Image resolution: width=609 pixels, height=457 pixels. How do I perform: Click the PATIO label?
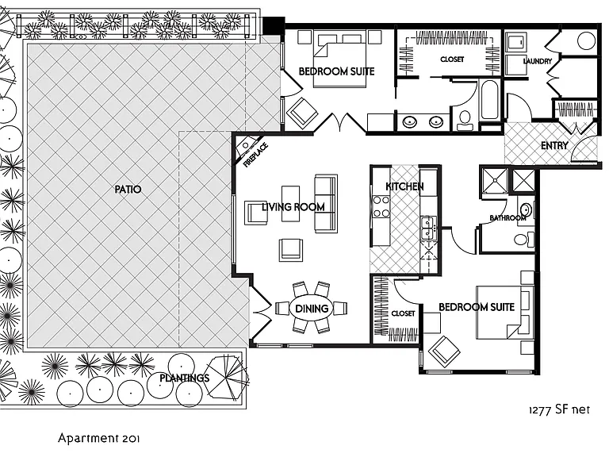click(x=128, y=190)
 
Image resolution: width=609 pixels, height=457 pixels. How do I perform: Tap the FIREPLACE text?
click(x=256, y=155)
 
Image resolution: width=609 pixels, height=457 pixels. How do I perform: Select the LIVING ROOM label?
click(x=293, y=207)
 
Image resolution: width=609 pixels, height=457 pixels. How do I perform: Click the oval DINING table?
click(x=312, y=309)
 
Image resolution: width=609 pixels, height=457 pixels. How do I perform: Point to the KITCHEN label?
click(x=404, y=186)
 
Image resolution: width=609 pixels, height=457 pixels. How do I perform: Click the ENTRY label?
click(x=554, y=145)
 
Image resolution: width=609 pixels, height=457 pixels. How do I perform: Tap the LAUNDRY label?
click(x=538, y=61)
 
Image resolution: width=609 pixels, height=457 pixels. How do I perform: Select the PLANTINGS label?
click(x=185, y=378)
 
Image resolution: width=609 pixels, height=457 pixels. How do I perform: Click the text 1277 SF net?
click(x=559, y=409)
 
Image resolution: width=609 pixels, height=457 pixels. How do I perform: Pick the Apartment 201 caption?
click(x=98, y=438)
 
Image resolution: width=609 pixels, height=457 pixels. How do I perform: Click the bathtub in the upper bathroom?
click(x=489, y=100)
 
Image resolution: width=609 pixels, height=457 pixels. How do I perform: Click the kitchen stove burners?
click(x=381, y=206)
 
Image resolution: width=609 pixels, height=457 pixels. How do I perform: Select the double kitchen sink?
click(x=429, y=228)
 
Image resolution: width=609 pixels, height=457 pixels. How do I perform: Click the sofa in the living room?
click(x=325, y=204)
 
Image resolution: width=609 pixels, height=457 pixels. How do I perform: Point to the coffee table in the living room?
click(x=291, y=203)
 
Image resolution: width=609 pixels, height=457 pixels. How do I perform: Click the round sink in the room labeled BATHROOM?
click(x=527, y=209)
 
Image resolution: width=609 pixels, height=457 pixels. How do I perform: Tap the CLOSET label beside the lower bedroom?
click(x=403, y=313)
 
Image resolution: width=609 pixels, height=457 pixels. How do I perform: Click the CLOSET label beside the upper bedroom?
click(x=452, y=59)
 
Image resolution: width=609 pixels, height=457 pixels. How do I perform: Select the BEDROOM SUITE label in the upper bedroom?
click(x=336, y=71)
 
